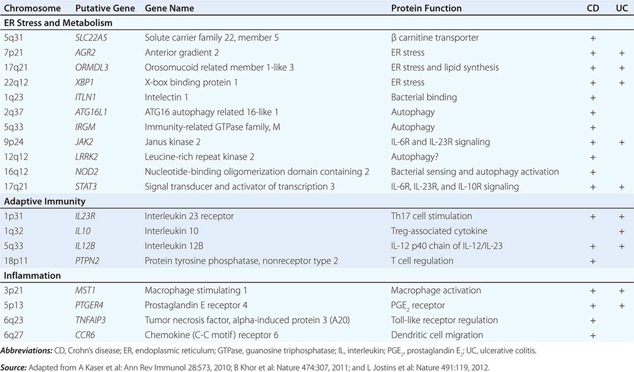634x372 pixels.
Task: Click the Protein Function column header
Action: click(426, 8)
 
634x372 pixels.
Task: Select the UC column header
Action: click(622, 8)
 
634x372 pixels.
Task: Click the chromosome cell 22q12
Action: click(17, 82)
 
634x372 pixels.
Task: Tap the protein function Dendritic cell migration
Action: click(437, 335)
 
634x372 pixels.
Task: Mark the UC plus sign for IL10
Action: click(622, 231)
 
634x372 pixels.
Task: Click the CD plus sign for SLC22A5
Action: click(592, 38)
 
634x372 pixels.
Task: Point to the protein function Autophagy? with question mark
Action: click(415, 157)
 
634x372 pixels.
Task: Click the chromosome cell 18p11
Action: click(17, 260)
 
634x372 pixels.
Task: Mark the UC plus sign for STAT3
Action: click(622, 187)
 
